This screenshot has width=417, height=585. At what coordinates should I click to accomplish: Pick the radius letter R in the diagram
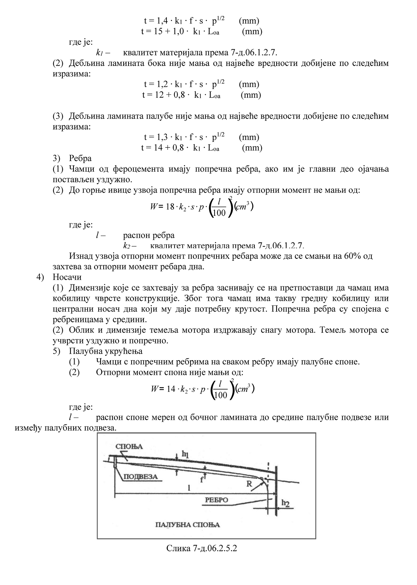pyautogui.click(x=249, y=483)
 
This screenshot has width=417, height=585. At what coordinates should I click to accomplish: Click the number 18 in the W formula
pyautogui.click(x=170, y=207)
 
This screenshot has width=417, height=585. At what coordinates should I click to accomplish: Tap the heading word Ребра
pyautogui.click(x=80, y=158)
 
